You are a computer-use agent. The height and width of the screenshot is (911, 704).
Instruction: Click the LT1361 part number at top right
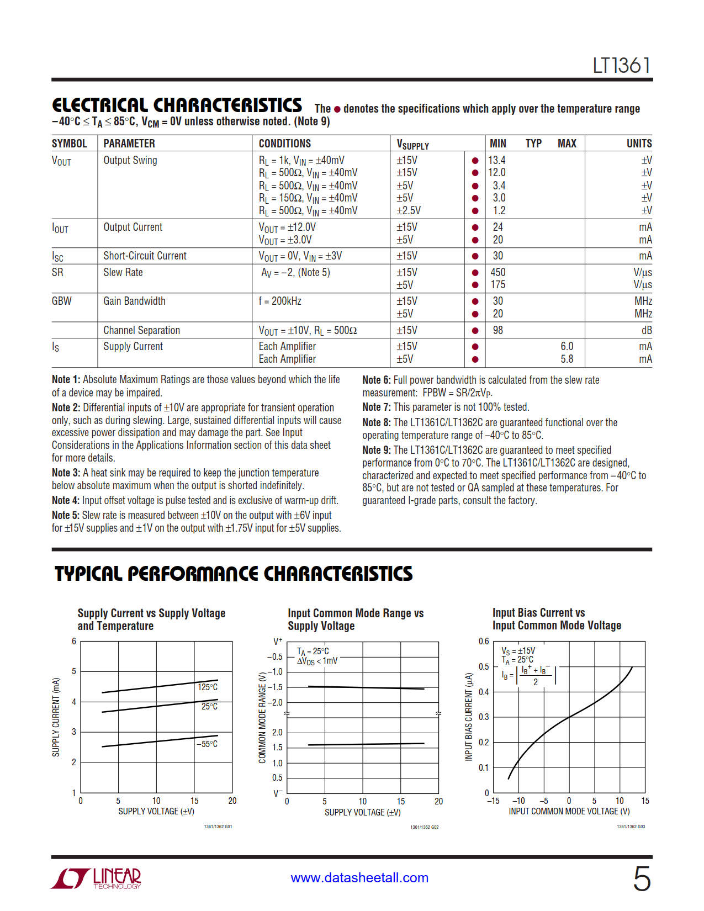(622, 66)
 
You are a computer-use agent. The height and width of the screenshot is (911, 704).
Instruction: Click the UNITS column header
(639, 144)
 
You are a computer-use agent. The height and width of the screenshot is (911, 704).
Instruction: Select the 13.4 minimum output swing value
(497, 160)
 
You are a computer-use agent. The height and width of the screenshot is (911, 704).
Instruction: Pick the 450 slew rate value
(498, 272)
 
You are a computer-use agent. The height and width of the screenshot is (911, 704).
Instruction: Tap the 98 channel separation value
(498, 330)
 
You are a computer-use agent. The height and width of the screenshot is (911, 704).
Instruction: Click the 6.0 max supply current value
(567, 346)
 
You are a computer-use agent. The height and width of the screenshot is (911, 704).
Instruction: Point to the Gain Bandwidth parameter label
(134, 301)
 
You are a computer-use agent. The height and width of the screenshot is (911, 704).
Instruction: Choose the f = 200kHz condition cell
(280, 301)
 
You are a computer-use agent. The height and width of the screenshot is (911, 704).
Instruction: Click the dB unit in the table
(646, 330)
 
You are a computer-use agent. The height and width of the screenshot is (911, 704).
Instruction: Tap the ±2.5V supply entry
(409, 210)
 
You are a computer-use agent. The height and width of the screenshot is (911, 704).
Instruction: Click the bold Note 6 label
(376, 380)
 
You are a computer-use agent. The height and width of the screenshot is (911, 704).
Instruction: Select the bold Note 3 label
(66, 473)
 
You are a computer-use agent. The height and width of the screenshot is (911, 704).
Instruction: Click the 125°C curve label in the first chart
(208, 687)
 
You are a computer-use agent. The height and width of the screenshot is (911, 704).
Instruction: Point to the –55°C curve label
(207, 744)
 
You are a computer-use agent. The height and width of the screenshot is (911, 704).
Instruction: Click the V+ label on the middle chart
(278, 642)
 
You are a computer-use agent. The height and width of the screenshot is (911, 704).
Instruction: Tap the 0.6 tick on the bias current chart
(484, 642)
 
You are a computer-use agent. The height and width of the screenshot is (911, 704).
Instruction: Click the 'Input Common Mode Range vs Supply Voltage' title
(355, 619)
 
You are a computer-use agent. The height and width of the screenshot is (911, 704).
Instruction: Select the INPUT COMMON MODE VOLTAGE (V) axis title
(569, 811)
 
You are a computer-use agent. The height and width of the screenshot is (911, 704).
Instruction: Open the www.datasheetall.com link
(359, 878)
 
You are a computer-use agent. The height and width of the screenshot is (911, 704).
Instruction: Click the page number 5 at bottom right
(642, 878)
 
